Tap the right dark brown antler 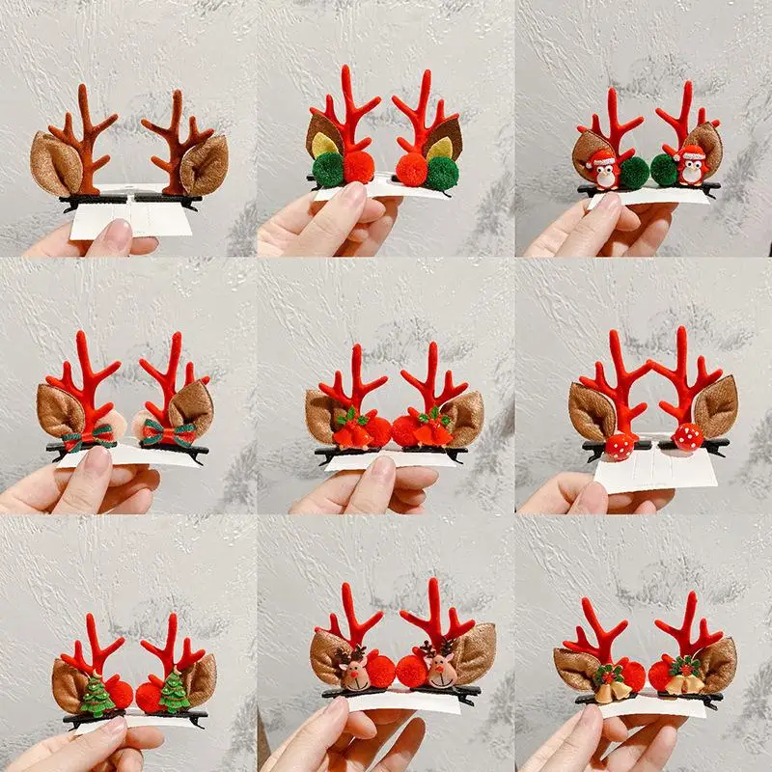point(175,150)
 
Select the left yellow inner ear point(322,146)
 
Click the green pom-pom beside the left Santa point(634,171)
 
